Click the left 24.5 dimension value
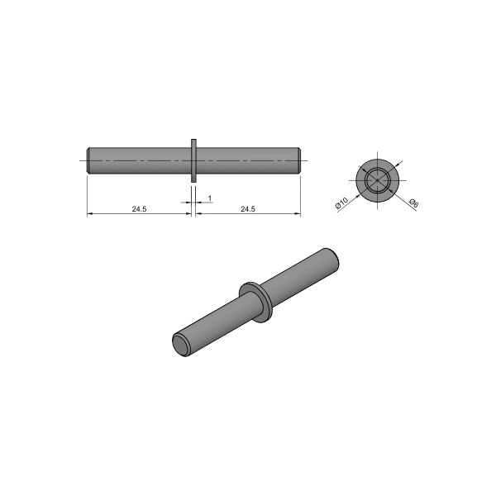pos(138,209)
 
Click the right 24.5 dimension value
pos(247,209)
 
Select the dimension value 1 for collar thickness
pos(210,199)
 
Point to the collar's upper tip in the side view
pos(193,141)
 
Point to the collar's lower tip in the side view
pos(193,179)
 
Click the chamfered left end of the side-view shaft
pos(88,160)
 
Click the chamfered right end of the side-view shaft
pos(298,160)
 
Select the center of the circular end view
pos(377,179)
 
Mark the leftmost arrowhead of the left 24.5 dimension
pos(89,215)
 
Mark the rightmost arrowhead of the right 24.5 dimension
pos(298,215)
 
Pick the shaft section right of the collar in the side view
pos(246,160)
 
